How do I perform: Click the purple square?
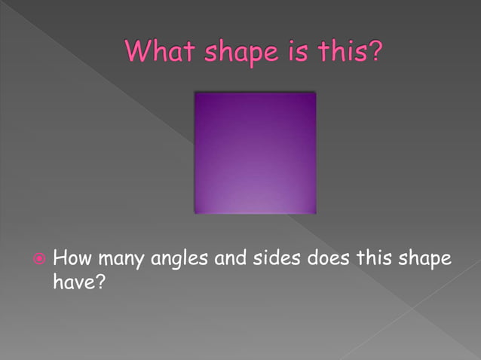255,153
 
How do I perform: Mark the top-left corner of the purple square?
195,93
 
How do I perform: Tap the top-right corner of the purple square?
315,93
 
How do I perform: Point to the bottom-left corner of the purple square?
195,213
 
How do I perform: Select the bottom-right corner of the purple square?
315,213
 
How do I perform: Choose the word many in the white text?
121,261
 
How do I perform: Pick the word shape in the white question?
425,261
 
